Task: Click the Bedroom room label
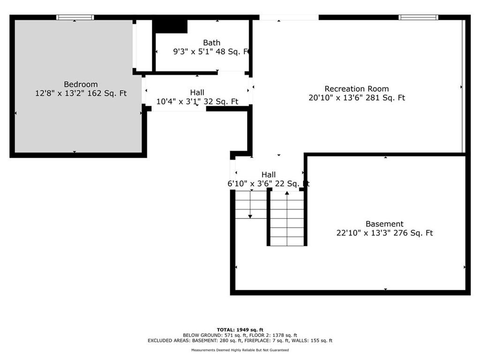pyautogui.click(x=81, y=84)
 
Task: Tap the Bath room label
pyautogui.click(x=211, y=43)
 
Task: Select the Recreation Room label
pyautogui.click(x=357, y=89)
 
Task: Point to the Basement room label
pyautogui.click(x=384, y=224)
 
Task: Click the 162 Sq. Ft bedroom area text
pyautogui.click(x=107, y=93)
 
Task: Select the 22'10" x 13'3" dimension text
pyautogui.click(x=363, y=233)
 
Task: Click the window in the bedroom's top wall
pyautogui.click(x=75, y=17)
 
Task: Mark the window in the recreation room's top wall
pyautogui.click(x=418, y=17)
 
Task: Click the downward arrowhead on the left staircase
pyautogui.click(x=250, y=217)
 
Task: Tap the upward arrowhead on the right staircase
pyautogui.click(x=287, y=193)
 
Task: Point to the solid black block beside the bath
pyautogui.click(x=170, y=26)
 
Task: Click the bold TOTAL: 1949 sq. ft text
pyautogui.click(x=240, y=330)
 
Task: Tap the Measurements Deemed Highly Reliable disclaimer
pyautogui.click(x=240, y=350)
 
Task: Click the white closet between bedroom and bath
pyautogui.click(x=144, y=45)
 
